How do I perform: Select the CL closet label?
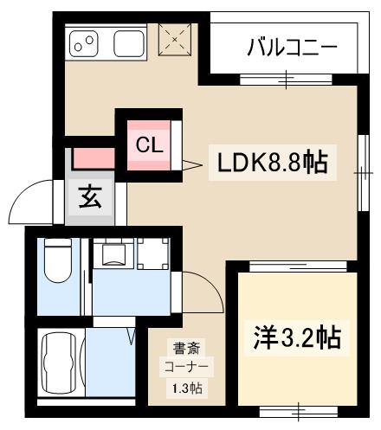pos(148,144)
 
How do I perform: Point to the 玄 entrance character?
pos(91,197)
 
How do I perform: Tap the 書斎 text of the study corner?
pos(182,350)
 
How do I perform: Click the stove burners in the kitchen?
pos(85,42)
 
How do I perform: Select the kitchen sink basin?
pos(128,42)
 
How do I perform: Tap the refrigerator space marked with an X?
pos(176,39)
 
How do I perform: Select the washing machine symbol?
pos(113,253)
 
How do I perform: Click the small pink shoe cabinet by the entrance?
pos(92,158)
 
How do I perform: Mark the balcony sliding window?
pos(287,80)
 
